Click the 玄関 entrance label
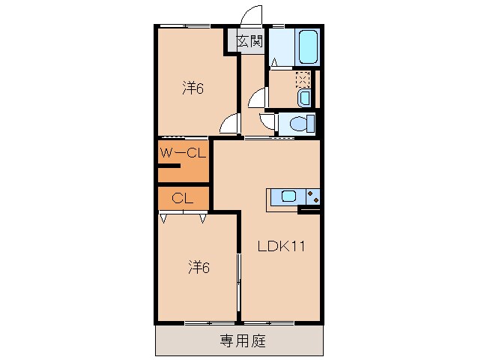[x=249, y=41]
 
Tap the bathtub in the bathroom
[x=308, y=47]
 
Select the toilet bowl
[x=297, y=124]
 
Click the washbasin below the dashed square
[x=303, y=98]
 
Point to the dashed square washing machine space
[x=302, y=79]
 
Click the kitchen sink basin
[x=288, y=197]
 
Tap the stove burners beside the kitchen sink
[x=312, y=197]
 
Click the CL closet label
[x=181, y=199]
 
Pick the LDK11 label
[x=280, y=245]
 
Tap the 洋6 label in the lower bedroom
[x=198, y=266]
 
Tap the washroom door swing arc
[x=257, y=97]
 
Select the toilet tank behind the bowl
[x=311, y=124]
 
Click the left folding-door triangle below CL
[x=164, y=219]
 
